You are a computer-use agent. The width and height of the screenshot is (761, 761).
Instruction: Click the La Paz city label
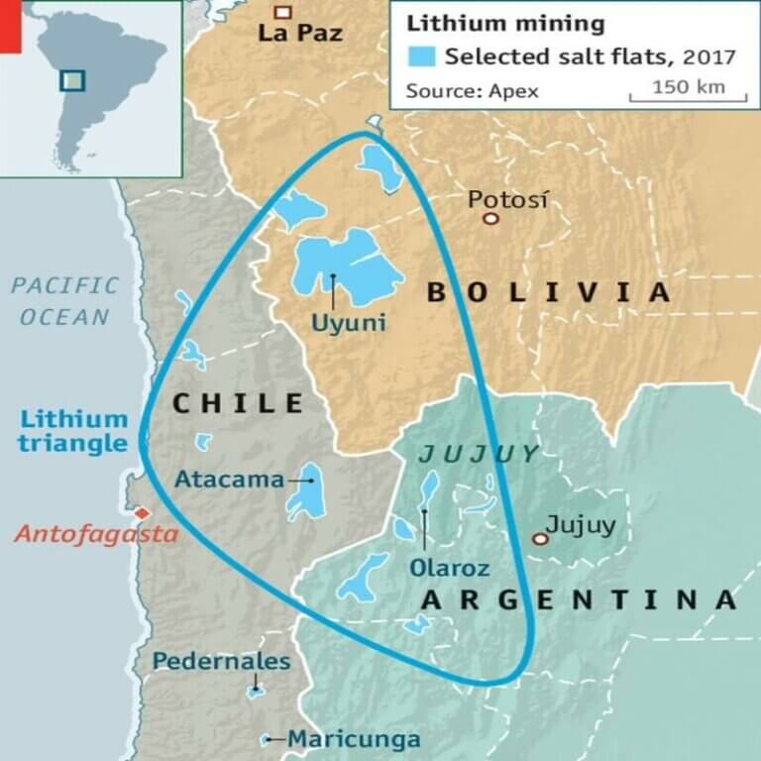(x=299, y=34)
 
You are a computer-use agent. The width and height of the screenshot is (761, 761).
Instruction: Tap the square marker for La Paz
(x=283, y=12)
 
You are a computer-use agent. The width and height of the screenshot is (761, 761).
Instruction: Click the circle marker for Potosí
(x=489, y=217)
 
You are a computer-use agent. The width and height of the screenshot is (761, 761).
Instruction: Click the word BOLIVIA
(x=548, y=292)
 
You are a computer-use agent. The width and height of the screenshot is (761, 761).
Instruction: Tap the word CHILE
(x=238, y=402)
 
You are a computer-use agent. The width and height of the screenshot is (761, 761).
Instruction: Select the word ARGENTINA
(x=579, y=599)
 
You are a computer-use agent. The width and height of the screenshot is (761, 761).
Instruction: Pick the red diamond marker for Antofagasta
(x=142, y=513)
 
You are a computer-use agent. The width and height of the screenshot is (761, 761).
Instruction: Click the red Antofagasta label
(x=95, y=536)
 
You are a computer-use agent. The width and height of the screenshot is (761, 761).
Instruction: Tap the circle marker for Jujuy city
(x=540, y=539)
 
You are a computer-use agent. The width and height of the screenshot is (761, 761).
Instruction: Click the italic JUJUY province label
(x=479, y=455)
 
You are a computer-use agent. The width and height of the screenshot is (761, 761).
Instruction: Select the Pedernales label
(x=221, y=661)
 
